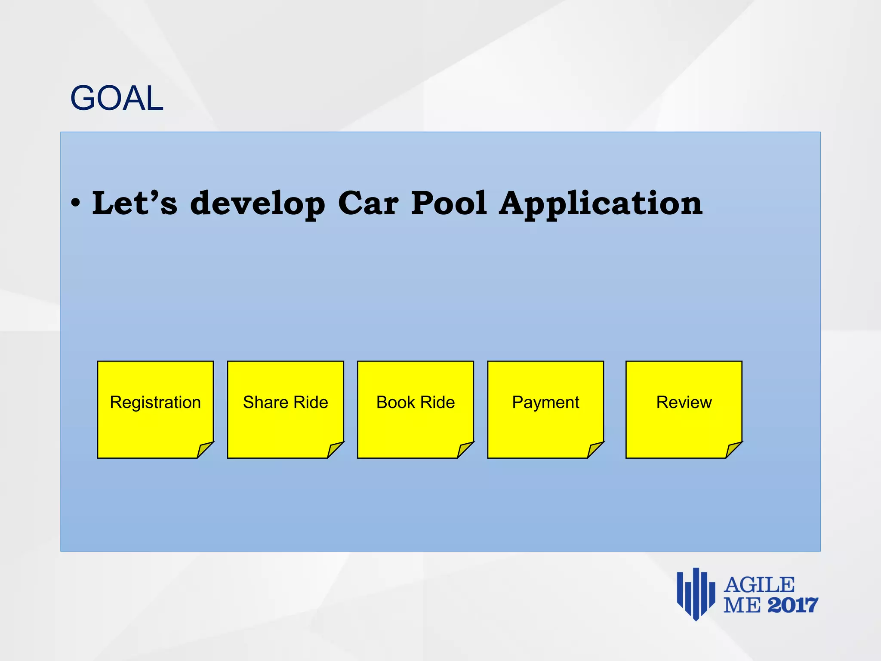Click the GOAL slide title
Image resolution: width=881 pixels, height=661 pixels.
tap(117, 98)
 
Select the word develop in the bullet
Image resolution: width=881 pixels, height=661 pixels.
tap(258, 204)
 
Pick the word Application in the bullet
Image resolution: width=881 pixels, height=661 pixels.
tap(601, 204)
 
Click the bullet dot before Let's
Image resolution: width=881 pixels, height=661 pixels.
tap(76, 203)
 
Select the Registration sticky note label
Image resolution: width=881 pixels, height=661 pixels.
tap(155, 402)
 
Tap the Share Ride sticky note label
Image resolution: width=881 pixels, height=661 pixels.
tap(285, 402)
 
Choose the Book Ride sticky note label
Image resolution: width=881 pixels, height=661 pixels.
tap(416, 402)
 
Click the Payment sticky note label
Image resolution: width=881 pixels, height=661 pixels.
tap(545, 402)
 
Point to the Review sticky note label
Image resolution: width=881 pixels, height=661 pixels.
tap(684, 402)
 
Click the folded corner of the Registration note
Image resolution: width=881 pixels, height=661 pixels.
tap(204, 450)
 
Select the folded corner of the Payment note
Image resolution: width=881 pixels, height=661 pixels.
tap(595, 450)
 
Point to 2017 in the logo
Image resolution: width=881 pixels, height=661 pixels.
tap(792, 605)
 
